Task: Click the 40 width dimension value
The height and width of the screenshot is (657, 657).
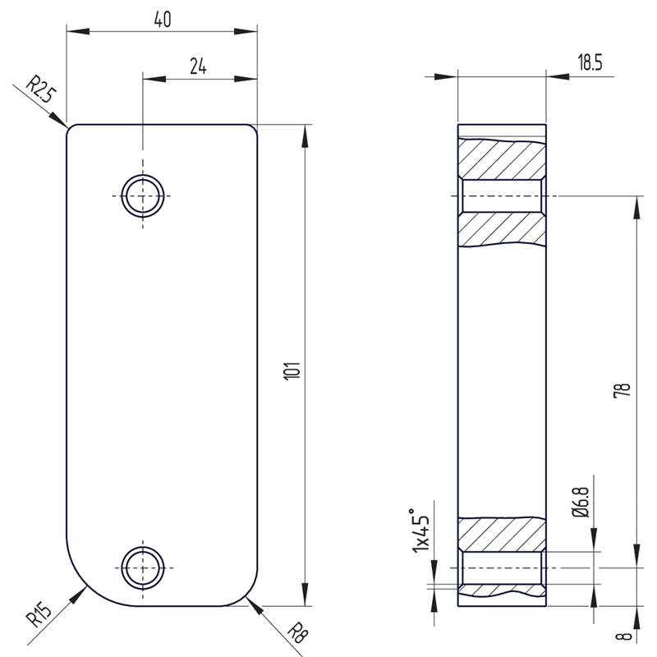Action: (x=163, y=19)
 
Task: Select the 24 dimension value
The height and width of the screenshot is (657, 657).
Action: (x=198, y=67)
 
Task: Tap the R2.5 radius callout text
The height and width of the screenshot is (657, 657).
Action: (x=40, y=90)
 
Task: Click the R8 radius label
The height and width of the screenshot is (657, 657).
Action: (x=298, y=632)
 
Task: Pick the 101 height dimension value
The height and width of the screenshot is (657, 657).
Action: (x=292, y=371)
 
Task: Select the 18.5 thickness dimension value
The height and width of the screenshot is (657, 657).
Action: (x=590, y=62)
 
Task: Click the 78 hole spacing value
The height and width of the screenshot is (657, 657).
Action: (x=623, y=390)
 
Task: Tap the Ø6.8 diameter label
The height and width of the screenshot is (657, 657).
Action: (x=581, y=502)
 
